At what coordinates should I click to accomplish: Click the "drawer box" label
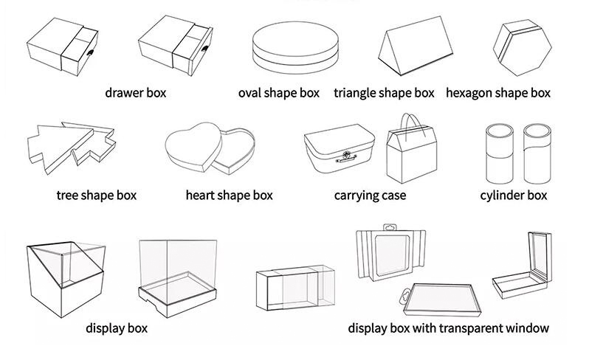(136, 93)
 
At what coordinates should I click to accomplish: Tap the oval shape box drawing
(296, 47)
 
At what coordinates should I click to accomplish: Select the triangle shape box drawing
(416, 46)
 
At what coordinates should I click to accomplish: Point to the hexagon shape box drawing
(522, 48)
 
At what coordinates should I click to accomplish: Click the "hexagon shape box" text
(498, 93)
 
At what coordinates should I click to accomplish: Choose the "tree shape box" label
(97, 195)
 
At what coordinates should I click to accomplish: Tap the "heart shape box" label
(229, 195)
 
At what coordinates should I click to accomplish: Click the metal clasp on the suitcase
(346, 156)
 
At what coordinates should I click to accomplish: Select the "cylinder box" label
(514, 195)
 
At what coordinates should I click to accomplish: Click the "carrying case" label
(370, 195)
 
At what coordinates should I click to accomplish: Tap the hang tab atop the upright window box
(390, 227)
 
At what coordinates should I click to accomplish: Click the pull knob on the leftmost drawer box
(91, 52)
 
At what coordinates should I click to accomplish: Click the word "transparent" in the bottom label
(471, 328)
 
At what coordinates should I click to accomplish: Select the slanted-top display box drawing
(66, 280)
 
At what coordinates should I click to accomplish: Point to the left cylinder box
(500, 154)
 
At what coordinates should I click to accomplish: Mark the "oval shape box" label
(279, 93)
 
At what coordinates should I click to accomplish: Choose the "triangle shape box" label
(384, 93)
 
